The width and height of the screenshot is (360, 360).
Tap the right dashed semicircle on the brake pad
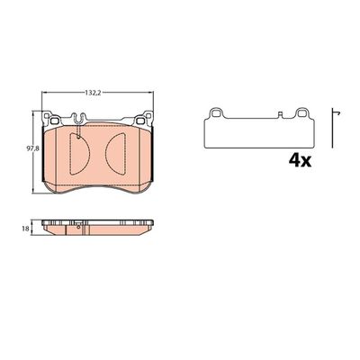pyautogui.click(x=119, y=149)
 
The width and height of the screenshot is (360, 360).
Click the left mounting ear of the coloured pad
pyautogui.click(x=52, y=118)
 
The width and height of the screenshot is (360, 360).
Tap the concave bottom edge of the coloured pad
pyautogui.click(x=99, y=185)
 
